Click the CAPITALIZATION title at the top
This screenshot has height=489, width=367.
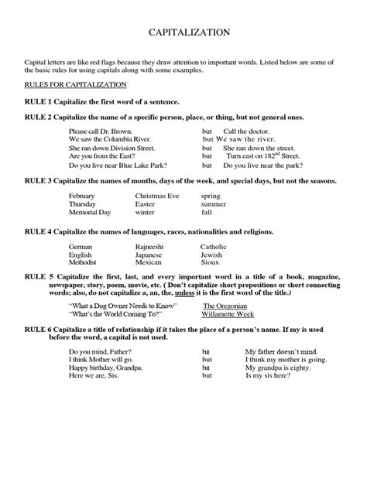coord(188,33)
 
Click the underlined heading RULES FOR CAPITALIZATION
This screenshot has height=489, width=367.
coord(66,84)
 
